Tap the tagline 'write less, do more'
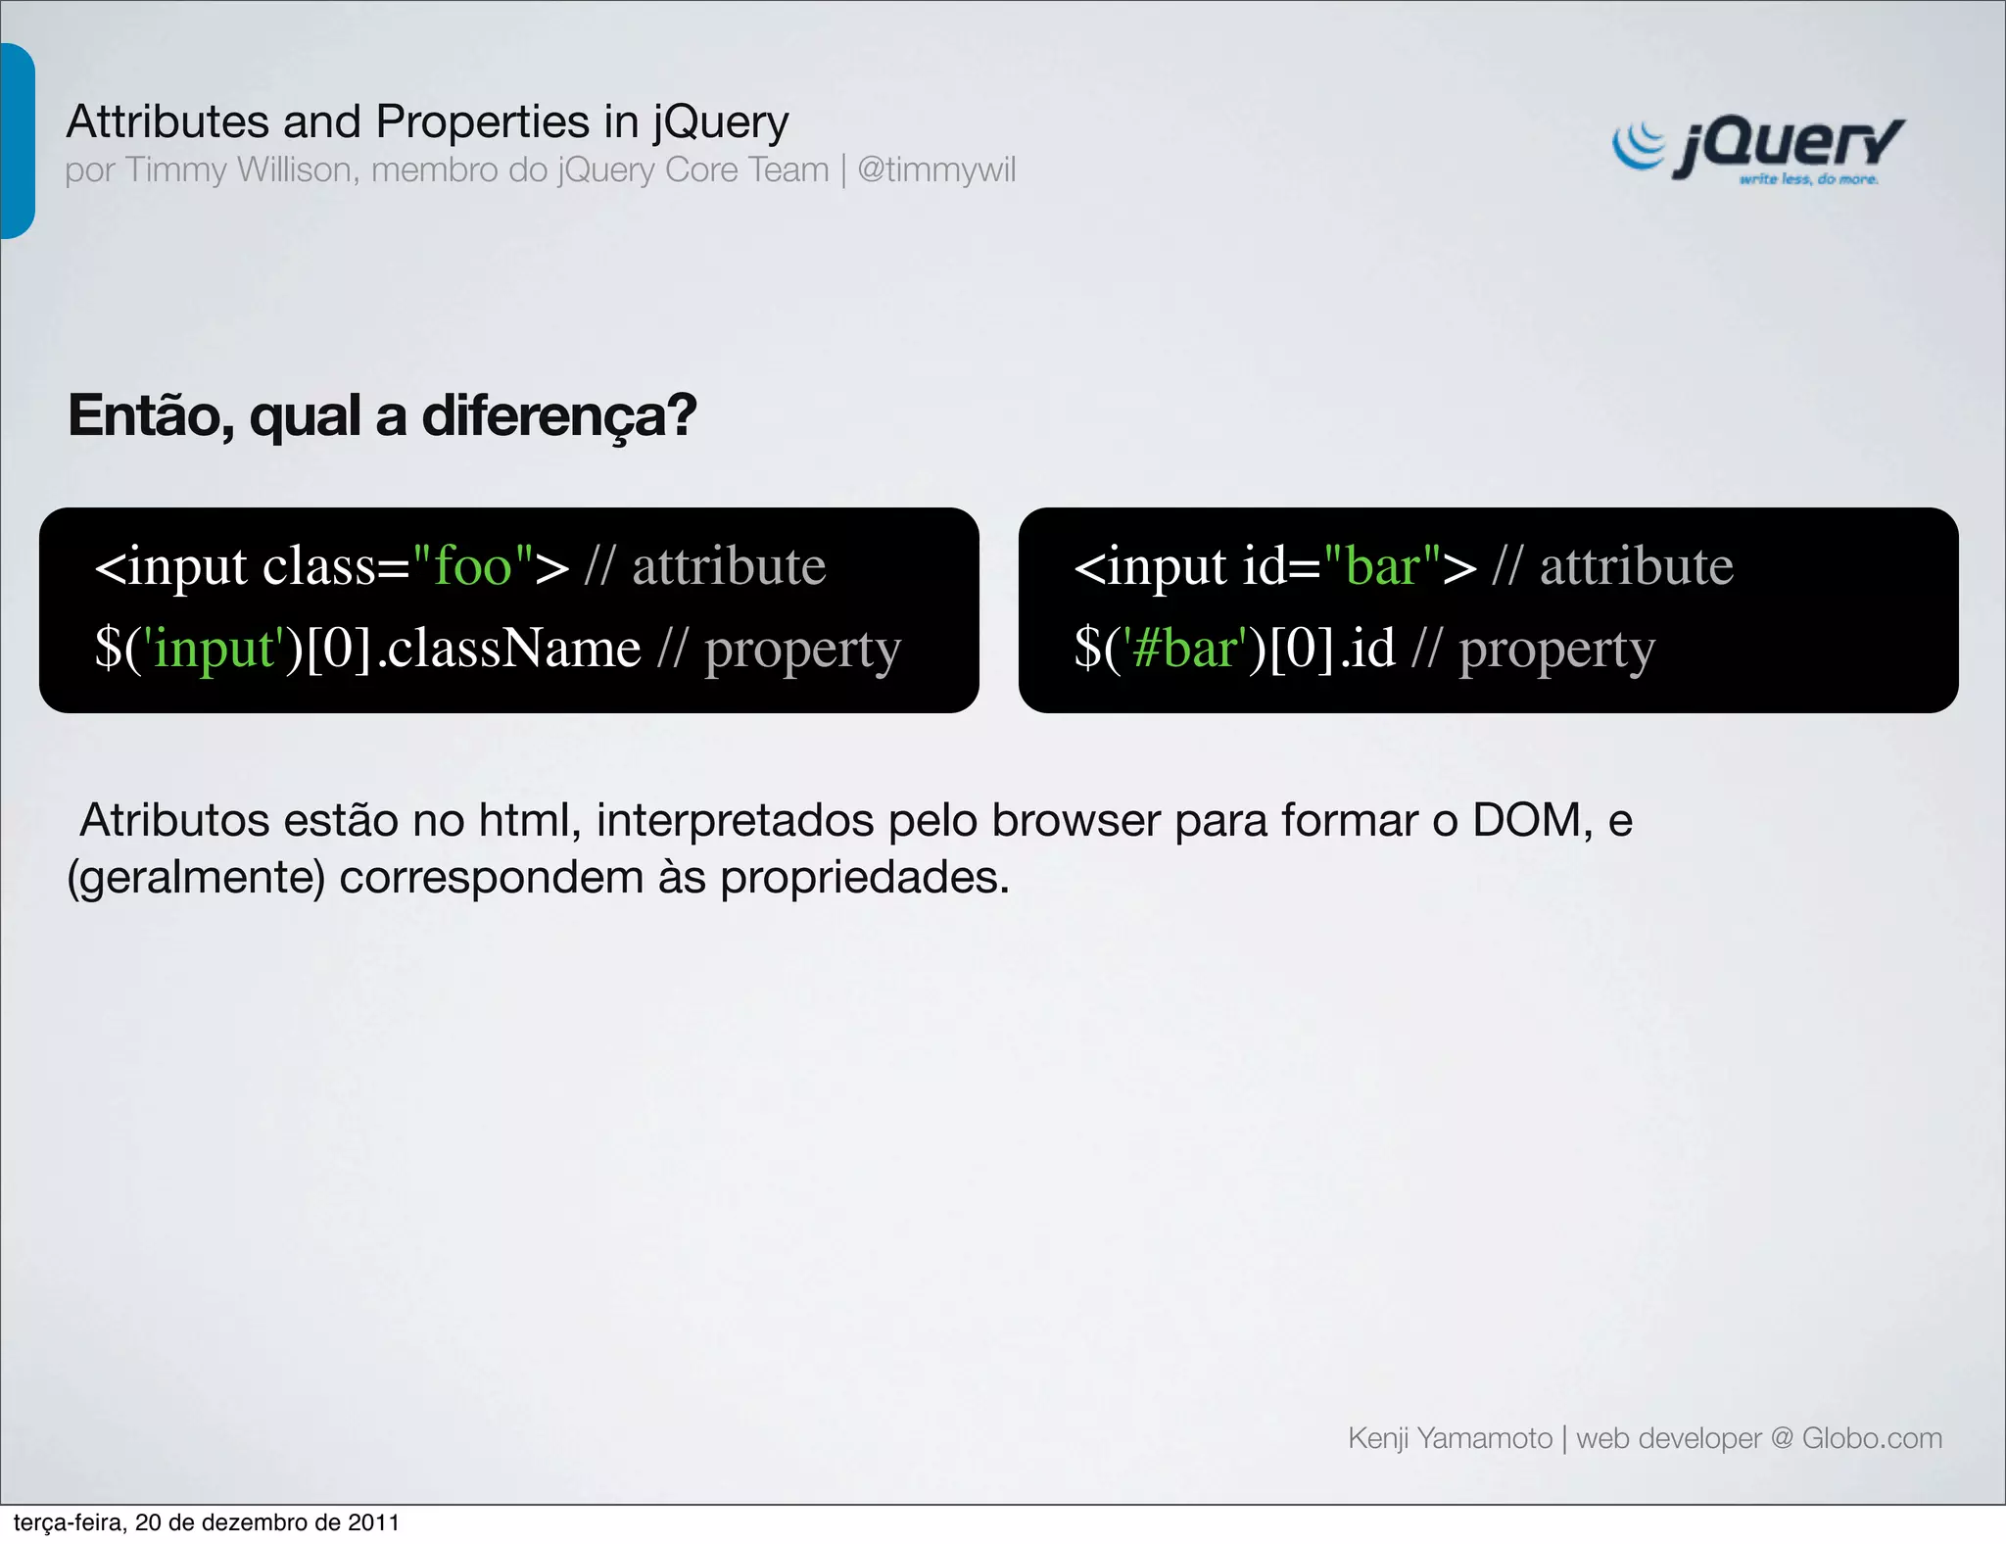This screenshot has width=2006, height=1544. (x=1808, y=179)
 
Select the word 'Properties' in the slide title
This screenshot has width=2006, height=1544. (x=482, y=122)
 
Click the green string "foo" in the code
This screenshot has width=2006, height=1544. (x=473, y=566)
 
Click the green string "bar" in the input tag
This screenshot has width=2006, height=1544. (x=1382, y=566)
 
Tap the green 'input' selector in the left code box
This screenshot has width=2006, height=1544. (x=215, y=649)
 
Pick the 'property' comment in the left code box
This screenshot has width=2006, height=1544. (x=802, y=651)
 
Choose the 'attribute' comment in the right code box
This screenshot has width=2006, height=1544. (x=1636, y=566)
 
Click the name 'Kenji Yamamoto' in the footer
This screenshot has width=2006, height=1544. (x=1450, y=1438)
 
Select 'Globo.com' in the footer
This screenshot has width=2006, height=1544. (x=1872, y=1438)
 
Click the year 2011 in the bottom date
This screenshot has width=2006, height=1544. (x=376, y=1522)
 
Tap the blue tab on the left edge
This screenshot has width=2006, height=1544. (x=17, y=141)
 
